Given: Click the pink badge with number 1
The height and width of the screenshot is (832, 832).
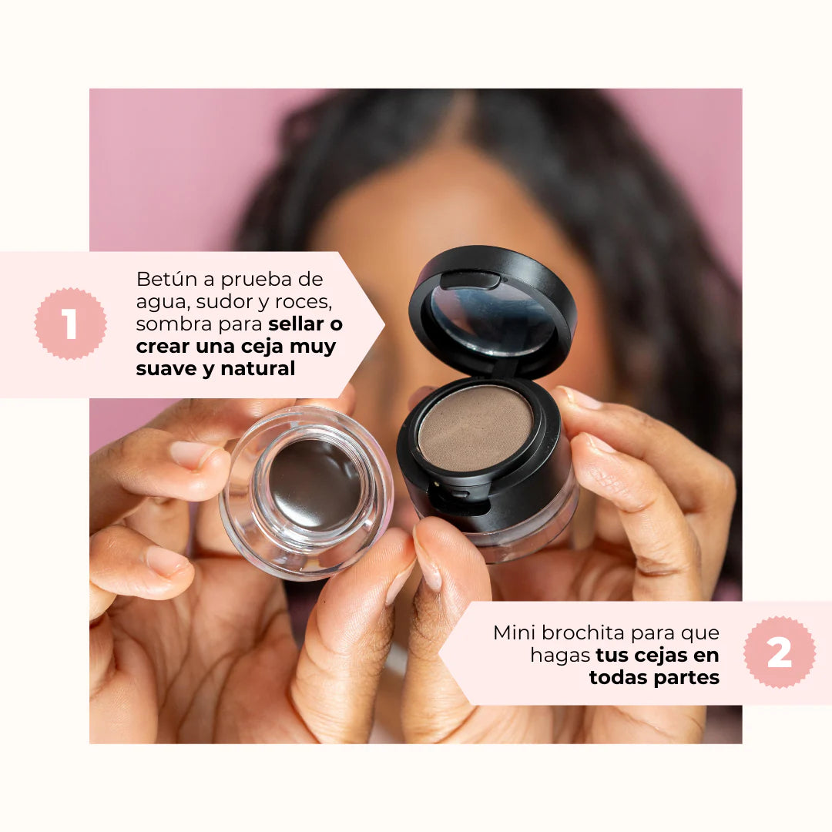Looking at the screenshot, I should click(70, 324).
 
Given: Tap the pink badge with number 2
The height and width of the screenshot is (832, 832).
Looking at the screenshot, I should click(779, 653).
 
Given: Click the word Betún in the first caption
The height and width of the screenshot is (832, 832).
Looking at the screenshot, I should click(163, 279).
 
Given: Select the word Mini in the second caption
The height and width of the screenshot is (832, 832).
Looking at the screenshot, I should click(513, 633).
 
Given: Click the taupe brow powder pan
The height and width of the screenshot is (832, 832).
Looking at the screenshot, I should click(475, 428).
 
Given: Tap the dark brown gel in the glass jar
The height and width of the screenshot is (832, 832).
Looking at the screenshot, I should click(314, 484).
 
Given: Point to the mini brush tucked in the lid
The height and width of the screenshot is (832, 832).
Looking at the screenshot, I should click(470, 280).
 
